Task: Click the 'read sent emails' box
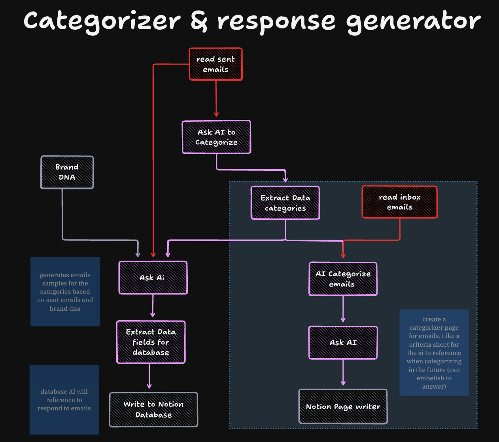coord(215,64)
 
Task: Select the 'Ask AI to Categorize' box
coord(217,137)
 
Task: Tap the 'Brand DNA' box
coord(67,172)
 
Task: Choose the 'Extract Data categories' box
coord(285,203)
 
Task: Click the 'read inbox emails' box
coord(400,202)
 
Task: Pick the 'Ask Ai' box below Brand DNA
coord(153,278)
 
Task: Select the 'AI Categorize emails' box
coord(343,279)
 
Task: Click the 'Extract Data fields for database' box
coord(151,342)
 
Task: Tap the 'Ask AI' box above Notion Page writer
coord(343,343)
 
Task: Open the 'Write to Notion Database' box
coord(153,410)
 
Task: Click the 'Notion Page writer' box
coord(343,406)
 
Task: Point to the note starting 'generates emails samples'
coord(65,291)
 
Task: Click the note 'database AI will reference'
coord(64,400)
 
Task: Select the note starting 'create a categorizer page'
coord(434,353)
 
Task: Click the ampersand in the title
coord(199,21)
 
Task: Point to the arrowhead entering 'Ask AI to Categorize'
coord(216,114)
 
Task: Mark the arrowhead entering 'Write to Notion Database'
coord(149,386)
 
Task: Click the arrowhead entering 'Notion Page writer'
coord(343,383)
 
